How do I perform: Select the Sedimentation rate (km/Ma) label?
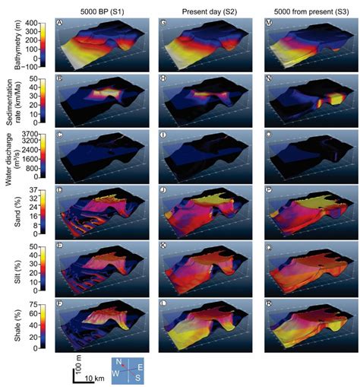click(11, 101)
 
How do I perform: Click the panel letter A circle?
click(59, 24)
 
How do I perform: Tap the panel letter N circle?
click(266, 79)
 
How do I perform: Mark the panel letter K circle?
click(163, 248)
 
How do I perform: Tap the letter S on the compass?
click(137, 377)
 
